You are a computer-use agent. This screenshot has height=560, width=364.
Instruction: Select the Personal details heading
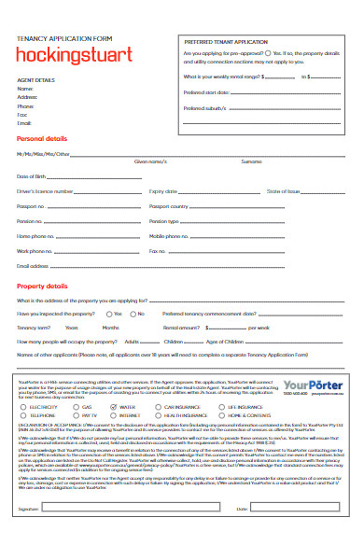(44, 137)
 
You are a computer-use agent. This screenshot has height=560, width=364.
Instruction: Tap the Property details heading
(43, 286)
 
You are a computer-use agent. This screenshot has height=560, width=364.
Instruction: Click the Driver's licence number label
(45, 190)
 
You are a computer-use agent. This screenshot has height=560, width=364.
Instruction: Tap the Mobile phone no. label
(172, 236)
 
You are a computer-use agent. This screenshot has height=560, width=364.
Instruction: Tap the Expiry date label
(164, 190)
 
